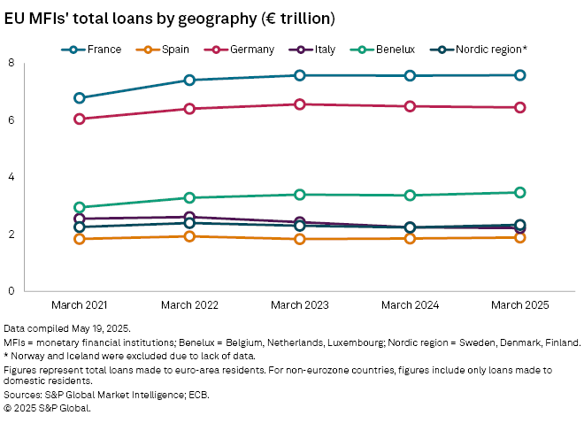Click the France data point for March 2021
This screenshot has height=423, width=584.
click(x=80, y=98)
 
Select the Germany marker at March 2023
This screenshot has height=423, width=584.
click(x=300, y=104)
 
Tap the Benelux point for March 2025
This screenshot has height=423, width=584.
click(x=520, y=192)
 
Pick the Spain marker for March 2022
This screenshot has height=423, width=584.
click(x=189, y=236)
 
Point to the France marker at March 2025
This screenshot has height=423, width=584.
click(x=520, y=75)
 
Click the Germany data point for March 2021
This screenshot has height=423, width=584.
click(x=80, y=119)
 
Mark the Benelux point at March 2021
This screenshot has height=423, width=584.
click(x=80, y=207)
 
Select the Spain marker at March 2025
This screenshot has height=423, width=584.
click(x=520, y=237)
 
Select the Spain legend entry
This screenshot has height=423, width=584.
click(x=169, y=50)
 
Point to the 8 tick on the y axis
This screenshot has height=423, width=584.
click(x=11, y=63)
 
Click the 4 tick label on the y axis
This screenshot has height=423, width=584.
click(x=11, y=177)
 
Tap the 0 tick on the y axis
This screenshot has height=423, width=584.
click(x=11, y=291)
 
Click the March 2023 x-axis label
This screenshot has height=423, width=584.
click(x=300, y=305)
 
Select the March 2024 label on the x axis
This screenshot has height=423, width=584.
click(x=410, y=305)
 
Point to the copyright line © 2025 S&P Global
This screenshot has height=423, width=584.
click(x=48, y=408)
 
